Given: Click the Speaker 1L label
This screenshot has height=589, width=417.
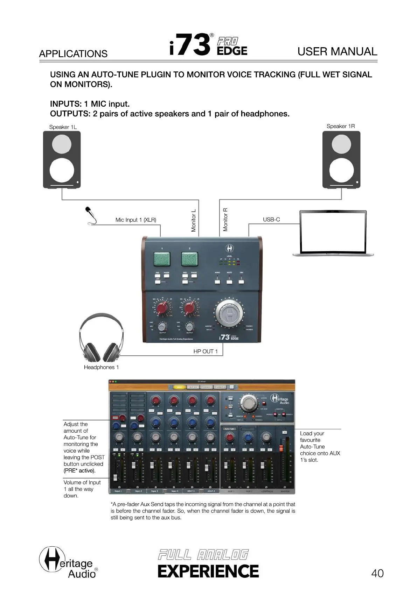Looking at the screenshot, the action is pyautogui.click(x=63, y=127).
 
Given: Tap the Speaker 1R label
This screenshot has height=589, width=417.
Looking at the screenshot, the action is pyautogui.click(x=340, y=126).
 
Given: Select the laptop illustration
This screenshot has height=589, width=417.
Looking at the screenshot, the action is pyautogui.click(x=333, y=233).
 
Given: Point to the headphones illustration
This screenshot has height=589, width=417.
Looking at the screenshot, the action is pyautogui.click(x=101, y=338).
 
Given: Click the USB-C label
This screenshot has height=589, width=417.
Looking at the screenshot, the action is pyautogui.click(x=271, y=220).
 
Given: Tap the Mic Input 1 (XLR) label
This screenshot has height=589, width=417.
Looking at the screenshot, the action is pyautogui.click(x=136, y=220).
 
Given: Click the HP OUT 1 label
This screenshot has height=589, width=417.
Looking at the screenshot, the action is pyautogui.click(x=206, y=352).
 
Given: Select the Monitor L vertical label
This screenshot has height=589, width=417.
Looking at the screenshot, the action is pyautogui.click(x=194, y=221).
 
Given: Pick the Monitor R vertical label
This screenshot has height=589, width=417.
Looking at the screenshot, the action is pyautogui.click(x=225, y=220).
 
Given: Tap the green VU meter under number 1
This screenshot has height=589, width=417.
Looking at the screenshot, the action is pyautogui.click(x=162, y=259).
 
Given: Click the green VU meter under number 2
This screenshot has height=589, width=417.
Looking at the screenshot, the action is pyautogui.click(x=189, y=259).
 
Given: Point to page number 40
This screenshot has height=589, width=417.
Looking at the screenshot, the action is pyautogui.click(x=377, y=573).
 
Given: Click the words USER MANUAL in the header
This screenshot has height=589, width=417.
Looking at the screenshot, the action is pyautogui.click(x=337, y=52).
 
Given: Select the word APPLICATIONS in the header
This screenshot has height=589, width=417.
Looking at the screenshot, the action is pyautogui.click(x=73, y=54).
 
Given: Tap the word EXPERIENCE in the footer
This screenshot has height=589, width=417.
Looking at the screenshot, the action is pyautogui.click(x=208, y=571).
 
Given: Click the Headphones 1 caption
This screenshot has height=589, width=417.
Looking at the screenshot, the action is pyautogui.click(x=101, y=367).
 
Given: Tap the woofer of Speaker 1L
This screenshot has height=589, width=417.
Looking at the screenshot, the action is pyautogui.click(x=62, y=170).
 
